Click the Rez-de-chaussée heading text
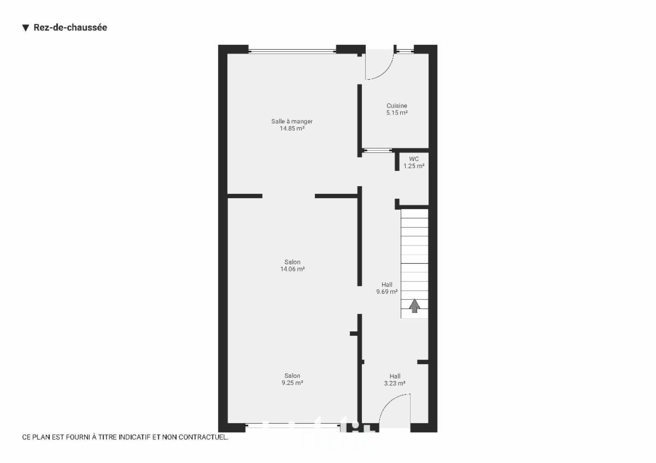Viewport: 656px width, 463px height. [71, 27]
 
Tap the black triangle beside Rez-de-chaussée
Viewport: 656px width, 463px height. [26, 28]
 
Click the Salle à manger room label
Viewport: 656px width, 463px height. [292, 121]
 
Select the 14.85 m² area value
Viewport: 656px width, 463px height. [292, 128]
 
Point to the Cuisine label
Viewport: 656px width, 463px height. [396, 105]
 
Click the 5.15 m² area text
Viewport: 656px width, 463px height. [397, 112]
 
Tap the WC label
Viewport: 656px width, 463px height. [413, 159]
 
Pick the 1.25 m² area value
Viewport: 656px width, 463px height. [414, 166]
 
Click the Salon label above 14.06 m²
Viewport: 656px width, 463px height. [292, 262]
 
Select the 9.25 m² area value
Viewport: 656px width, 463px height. [292, 383]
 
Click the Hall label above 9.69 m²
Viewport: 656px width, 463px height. [387, 284]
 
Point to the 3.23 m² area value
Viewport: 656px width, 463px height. [395, 383]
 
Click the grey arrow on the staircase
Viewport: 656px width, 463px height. [414, 306]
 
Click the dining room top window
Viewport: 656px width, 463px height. [292, 51]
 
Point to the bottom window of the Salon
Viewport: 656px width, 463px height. [293, 425]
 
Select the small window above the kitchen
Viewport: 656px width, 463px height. [405, 51]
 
